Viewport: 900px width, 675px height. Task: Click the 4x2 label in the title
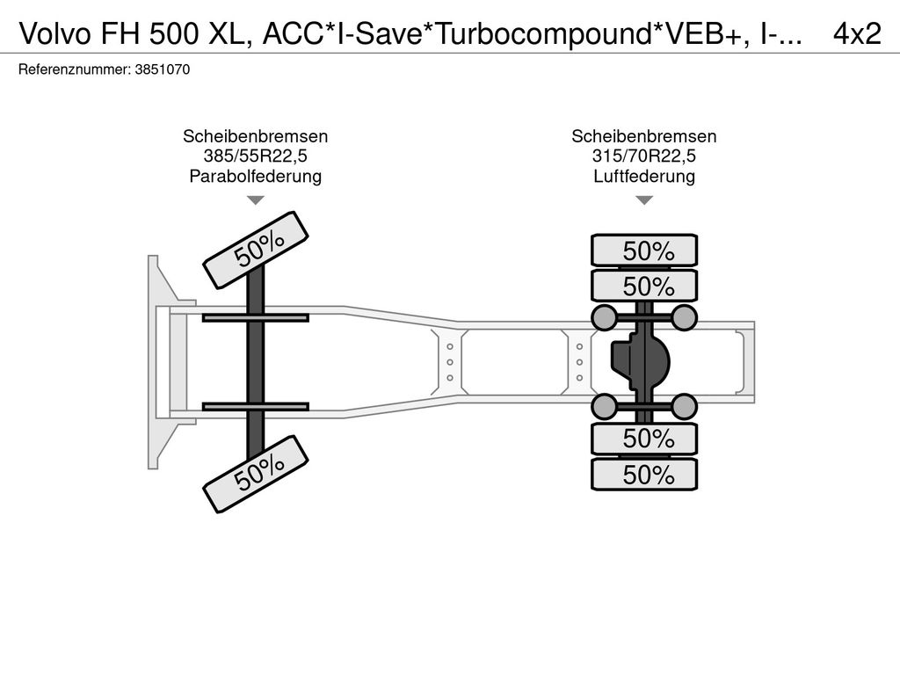click(x=856, y=33)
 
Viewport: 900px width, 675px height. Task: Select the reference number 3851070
click(x=163, y=69)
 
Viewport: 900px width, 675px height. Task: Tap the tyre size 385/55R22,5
click(x=255, y=156)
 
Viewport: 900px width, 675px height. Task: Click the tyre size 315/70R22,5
click(x=644, y=156)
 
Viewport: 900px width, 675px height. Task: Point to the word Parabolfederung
click(x=255, y=177)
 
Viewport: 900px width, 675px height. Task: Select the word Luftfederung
click(x=644, y=177)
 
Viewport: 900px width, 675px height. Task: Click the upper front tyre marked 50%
click(x=257, y=250)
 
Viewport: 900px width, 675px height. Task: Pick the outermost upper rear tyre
click(x=644, y=250)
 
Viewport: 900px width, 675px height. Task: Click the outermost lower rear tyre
click(x=644, y=475)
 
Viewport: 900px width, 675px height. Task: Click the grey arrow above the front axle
click(x=255, y=200)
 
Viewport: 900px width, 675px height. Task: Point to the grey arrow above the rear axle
click(x=644, y=200)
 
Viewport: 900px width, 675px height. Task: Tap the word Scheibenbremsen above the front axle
click(x=255, y=136)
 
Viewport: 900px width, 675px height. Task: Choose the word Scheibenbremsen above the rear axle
click(x=644, y=136)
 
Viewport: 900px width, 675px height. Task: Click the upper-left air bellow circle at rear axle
click(x=605, y=316)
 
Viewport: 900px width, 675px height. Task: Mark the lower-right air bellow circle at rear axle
click(x=684, y=406)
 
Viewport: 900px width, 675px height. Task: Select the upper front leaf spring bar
click(x=255, y=317)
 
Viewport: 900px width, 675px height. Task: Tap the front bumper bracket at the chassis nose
click(x=158, y=361)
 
